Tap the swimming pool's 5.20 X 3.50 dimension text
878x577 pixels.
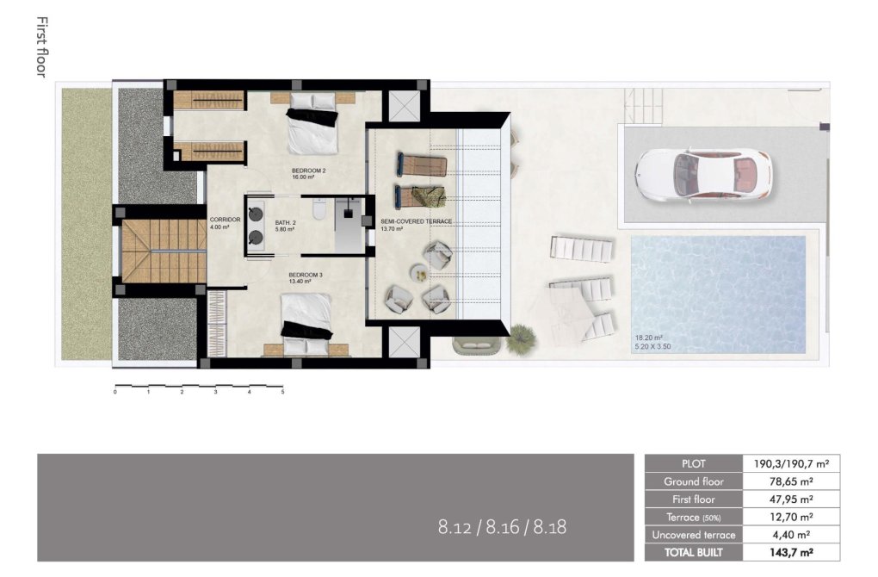pos(657,346)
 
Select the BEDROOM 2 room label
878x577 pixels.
pos(309,171)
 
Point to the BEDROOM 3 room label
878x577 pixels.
pos(306,275)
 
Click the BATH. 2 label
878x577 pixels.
pos(286,222)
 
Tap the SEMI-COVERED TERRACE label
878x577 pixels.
pos(416,221)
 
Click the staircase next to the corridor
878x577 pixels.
pos(163,251)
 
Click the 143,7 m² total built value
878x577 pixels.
pos(792,552)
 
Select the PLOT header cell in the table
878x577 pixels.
pos(693,463)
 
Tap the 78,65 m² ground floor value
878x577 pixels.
pos(791,481)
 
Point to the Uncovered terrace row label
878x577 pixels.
pos(693,535)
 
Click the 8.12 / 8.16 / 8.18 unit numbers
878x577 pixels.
pos(502,526)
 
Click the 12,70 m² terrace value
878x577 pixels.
pos(791,517)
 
